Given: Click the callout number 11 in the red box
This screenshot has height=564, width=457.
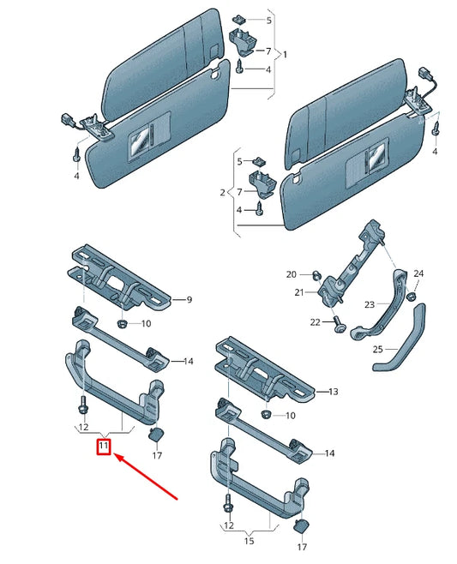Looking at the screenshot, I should tap(103, 446).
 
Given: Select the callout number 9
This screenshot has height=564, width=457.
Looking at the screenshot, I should tap(190, 300).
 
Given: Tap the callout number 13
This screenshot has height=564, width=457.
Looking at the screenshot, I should tap(333, 392).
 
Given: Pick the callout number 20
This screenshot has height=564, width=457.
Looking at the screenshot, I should tap(292, 274).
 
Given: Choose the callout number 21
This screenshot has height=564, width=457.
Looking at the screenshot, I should tap(299, 293).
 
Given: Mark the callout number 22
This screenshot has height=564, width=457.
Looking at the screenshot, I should tap(315, 322).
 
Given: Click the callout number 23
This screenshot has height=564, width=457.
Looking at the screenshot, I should tap(370, 304).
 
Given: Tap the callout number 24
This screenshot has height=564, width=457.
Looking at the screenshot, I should tap(418, 273).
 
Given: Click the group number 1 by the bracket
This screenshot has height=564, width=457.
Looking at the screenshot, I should tap(285, 55).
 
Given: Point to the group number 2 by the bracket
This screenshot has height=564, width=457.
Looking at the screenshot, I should tap(223, 193).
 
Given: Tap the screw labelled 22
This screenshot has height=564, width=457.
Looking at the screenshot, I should tap(340, 327).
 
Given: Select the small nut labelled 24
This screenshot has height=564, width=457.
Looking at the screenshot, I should tap(411, 296).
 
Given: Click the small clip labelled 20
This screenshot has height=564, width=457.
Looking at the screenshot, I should tap(316, 275).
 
